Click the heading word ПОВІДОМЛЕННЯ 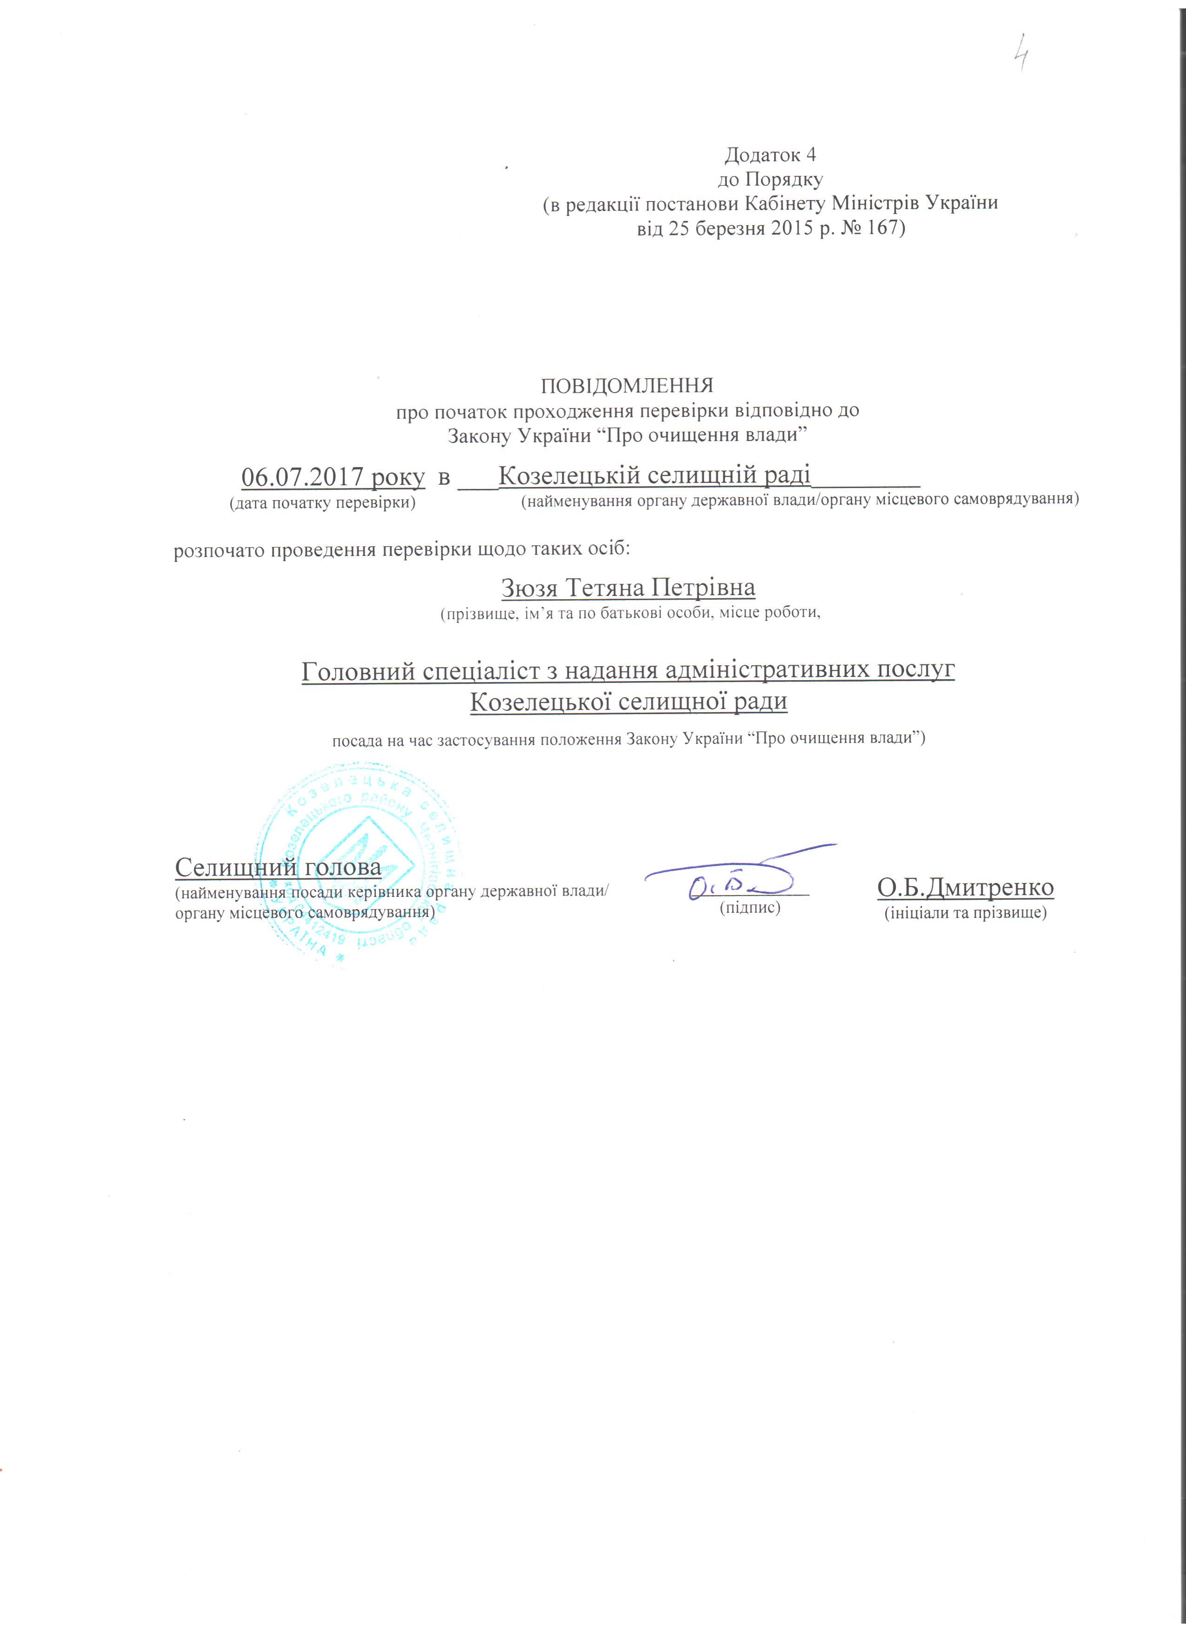(626, 386)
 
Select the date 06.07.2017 (302, 477)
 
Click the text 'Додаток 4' (770, 155)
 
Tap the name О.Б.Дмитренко (965, 888)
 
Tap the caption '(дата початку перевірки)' (322, 502)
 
